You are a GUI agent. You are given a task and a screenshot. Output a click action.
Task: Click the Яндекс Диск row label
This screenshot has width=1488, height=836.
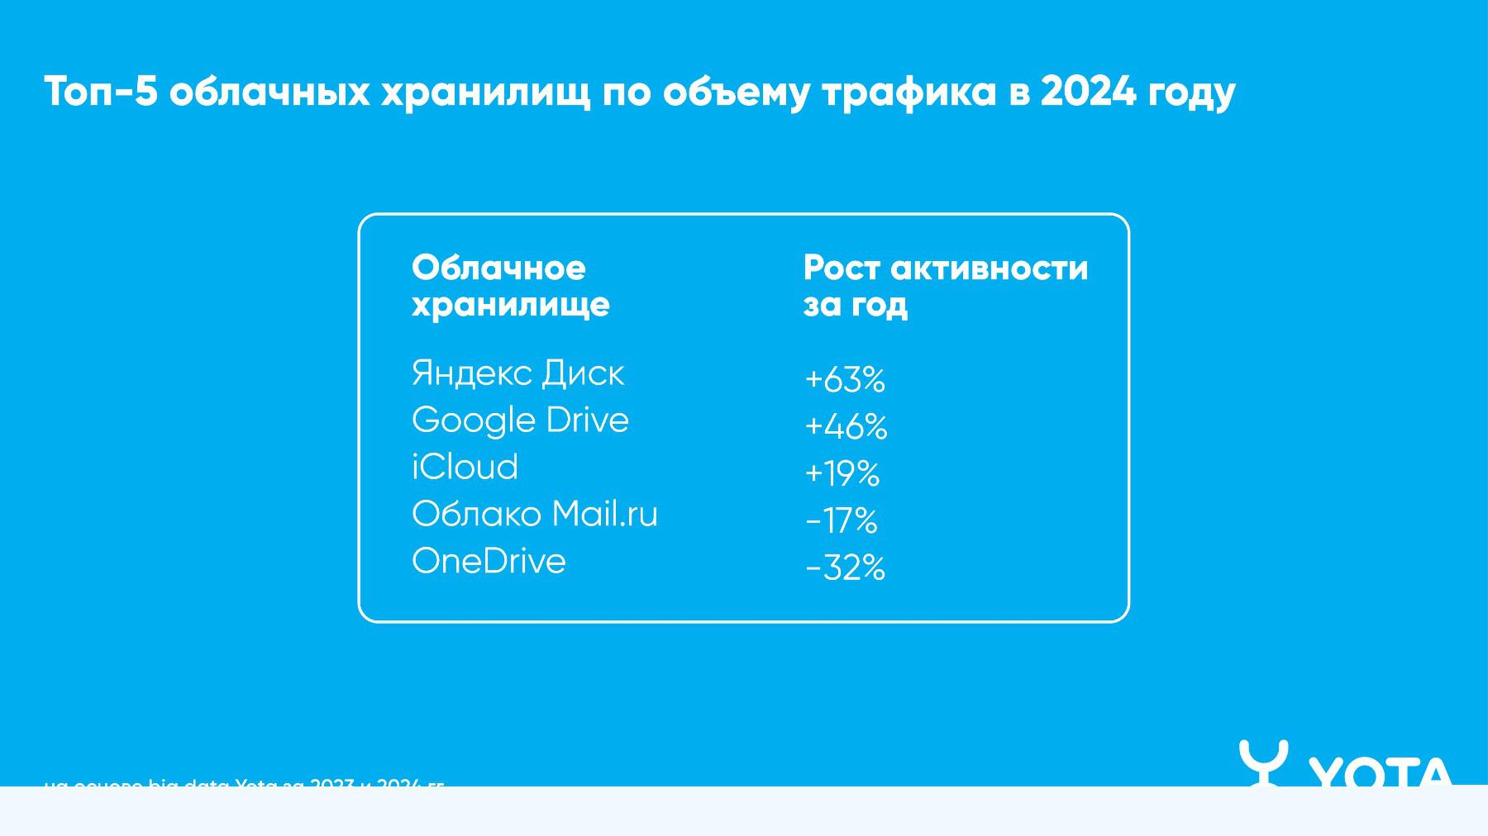click(517, 373)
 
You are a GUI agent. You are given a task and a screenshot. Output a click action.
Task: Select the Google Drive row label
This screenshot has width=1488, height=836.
click(520, 420)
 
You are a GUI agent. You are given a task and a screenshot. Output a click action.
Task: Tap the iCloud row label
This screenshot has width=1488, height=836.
click(465, 468)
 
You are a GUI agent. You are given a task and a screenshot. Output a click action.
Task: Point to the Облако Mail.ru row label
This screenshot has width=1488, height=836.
click(534, 515)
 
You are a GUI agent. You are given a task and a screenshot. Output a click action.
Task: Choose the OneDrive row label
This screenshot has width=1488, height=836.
click(489, 562)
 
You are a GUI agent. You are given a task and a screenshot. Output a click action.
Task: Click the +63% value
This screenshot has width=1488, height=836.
click(844, 380)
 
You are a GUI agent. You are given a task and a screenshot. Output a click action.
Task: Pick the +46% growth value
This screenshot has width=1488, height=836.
click(845, 427)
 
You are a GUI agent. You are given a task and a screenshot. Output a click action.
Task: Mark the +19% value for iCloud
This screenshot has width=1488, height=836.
click(842, 473)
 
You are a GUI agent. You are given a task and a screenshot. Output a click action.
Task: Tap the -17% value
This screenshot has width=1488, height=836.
click(841, 520)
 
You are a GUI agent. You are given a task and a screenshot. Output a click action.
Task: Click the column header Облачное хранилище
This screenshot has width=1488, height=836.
click(510, 286)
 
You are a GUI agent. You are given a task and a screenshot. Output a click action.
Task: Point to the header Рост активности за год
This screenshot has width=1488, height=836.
click(945, 286)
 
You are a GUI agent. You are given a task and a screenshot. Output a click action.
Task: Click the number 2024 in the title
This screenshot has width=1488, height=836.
click(1088, 91)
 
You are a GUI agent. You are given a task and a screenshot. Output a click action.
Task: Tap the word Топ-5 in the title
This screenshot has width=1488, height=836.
click(100, 91)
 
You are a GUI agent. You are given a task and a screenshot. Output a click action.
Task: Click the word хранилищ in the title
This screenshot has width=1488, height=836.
click(485, 93)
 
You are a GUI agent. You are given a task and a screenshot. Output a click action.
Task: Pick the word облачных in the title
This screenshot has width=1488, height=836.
click(269, 91)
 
